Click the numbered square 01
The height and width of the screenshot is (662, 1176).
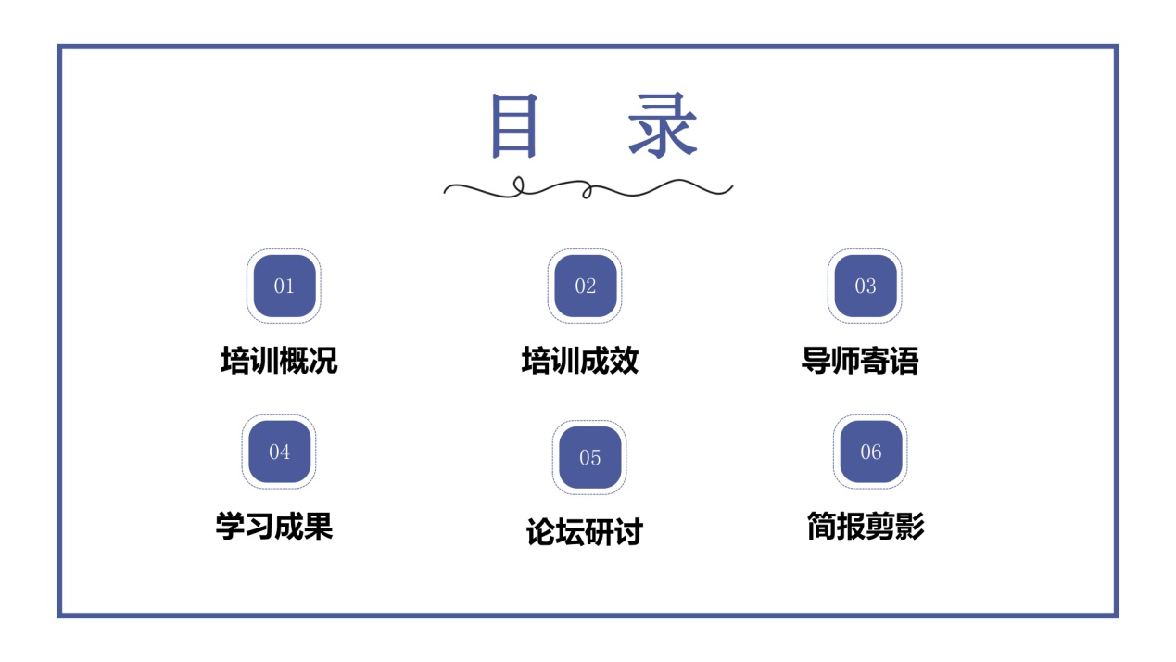284,286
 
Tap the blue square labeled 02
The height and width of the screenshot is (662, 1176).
586,286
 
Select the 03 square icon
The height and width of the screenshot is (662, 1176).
866,286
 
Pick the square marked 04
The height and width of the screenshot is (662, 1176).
279,452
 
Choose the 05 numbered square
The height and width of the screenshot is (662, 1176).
590,458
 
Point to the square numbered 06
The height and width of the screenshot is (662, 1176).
871,452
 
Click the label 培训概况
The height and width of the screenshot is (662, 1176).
279,361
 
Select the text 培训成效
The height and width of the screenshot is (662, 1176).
580,361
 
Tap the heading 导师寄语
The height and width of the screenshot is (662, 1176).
860,361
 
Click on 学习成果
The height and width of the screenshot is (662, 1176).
274,526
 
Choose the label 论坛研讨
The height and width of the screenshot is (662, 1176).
585,531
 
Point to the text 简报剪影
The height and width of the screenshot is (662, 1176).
866,526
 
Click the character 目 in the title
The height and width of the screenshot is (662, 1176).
514,126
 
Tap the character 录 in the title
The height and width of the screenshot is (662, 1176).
664,125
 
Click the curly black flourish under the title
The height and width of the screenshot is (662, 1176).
588,188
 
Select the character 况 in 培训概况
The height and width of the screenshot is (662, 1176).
322,361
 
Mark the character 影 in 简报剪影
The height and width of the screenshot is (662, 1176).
910,526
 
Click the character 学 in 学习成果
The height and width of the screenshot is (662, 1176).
230,526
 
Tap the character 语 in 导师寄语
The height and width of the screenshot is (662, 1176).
904,361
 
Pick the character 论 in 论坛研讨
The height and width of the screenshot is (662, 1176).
541,531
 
